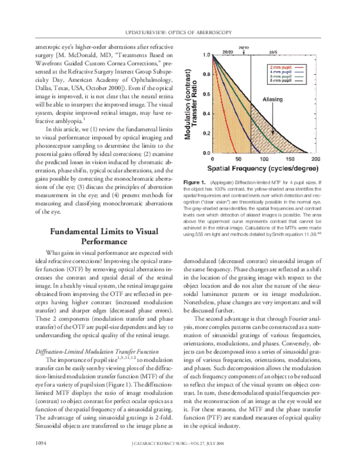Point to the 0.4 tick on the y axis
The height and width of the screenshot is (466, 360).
(191, 114)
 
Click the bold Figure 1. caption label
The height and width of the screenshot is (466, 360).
(195, 182)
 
